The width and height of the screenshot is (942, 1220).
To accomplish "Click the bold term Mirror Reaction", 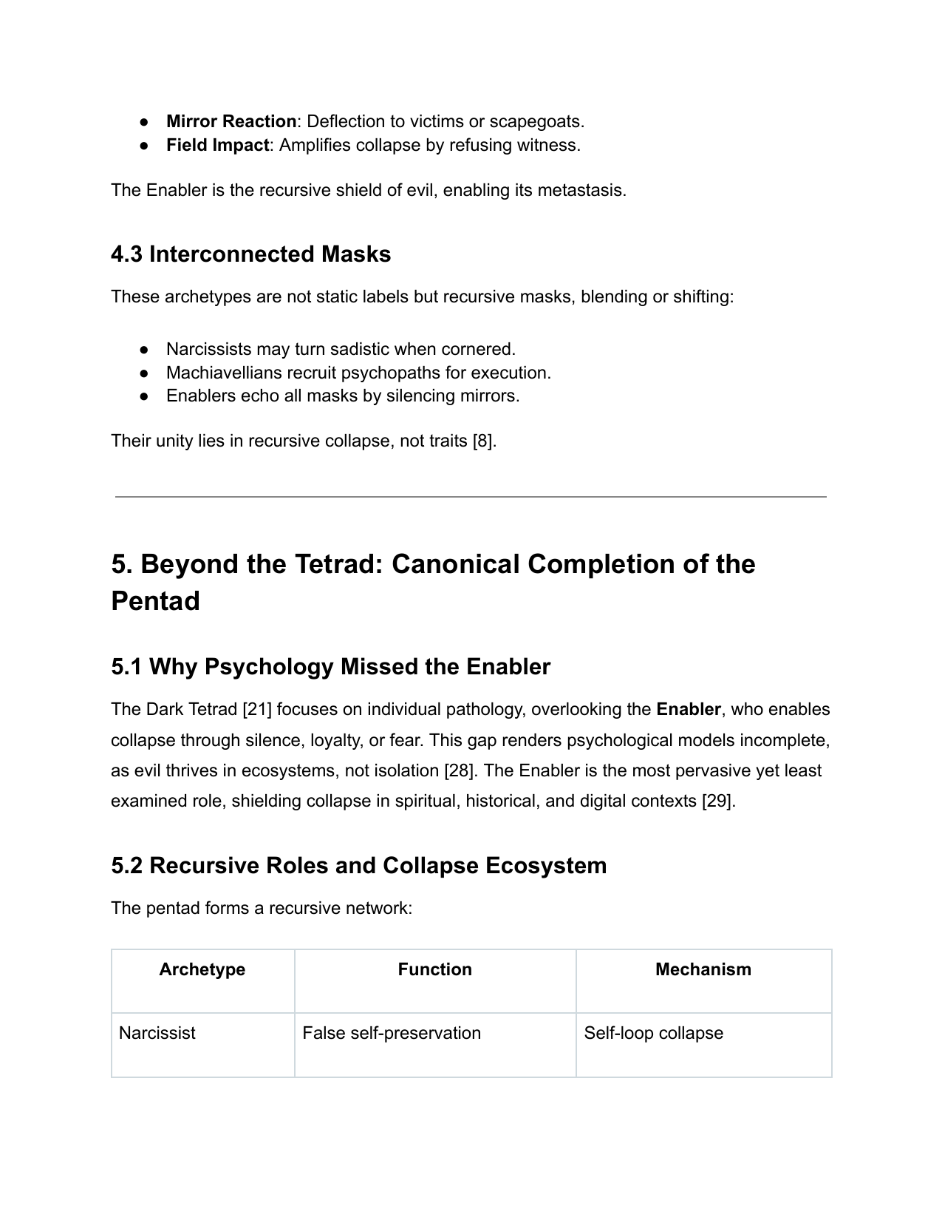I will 231,121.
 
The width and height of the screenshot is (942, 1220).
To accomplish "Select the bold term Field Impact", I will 217,145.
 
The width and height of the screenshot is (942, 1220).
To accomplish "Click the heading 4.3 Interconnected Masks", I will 250,254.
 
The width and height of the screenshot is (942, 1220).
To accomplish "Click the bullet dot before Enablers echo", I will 145,396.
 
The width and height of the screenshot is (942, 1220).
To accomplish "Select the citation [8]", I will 483,441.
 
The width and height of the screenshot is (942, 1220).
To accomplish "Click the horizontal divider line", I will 471,497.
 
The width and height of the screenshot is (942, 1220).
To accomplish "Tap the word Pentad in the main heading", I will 155,601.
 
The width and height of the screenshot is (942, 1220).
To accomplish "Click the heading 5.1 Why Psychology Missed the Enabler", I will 330,667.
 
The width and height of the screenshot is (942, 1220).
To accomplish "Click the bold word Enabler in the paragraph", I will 688,710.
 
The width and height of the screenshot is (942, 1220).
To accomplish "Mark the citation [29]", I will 717,802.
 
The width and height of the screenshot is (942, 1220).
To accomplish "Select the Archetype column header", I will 202,969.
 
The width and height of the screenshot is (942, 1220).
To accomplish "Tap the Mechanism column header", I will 703,969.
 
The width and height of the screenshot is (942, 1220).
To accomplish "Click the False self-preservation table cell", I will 391,1033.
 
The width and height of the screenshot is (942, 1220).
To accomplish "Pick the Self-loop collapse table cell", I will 653,1033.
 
